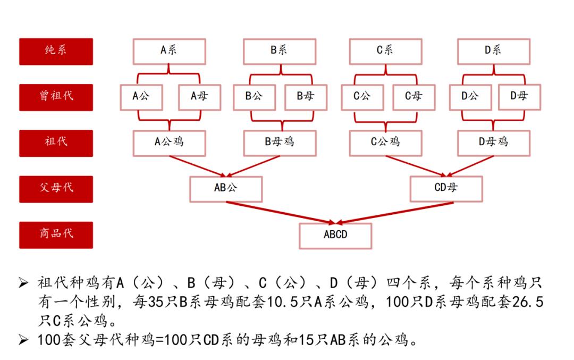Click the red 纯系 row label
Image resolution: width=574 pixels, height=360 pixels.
[56, 52]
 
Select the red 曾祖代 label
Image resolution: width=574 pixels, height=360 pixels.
[56, 97]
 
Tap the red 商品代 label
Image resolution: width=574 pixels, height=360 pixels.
[56, 235]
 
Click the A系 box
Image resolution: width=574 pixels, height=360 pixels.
[169, 52]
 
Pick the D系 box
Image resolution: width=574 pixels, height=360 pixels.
[493, 52]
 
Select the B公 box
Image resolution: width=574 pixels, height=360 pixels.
[255, 97]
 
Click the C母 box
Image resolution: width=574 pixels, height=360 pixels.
[413, 97]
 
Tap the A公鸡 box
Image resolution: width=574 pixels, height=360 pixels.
[169, 143]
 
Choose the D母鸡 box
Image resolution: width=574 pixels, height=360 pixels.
[493, 143]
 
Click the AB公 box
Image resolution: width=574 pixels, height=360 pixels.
[226, 189]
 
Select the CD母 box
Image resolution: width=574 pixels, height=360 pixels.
[446, 189]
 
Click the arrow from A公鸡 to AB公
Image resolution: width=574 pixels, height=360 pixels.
[197, 166]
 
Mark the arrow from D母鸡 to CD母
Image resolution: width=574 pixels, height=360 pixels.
[470, 166]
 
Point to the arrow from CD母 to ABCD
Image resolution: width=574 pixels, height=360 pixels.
[394, 213]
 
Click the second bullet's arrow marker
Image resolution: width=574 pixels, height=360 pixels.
[23, 340]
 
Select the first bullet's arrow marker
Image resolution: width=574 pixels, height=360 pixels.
[23, 283]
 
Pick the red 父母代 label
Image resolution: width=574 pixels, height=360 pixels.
[56, 189]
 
